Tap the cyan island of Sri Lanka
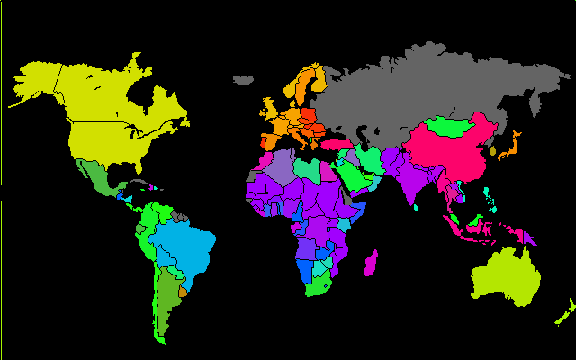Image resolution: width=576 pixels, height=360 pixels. (417, 209)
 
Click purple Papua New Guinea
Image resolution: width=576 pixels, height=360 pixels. (529, 238)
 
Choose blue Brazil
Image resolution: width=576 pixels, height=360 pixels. (184, 247)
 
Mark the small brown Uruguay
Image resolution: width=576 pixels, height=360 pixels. (184, 291)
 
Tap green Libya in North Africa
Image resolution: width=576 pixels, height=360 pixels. (306, 168)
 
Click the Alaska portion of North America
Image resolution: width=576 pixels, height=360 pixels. (36, 81)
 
